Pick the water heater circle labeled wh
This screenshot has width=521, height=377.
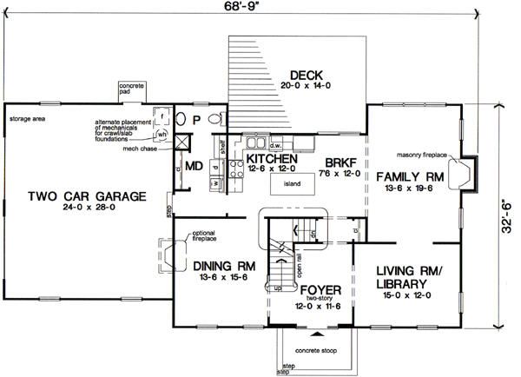pos(162,135)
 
